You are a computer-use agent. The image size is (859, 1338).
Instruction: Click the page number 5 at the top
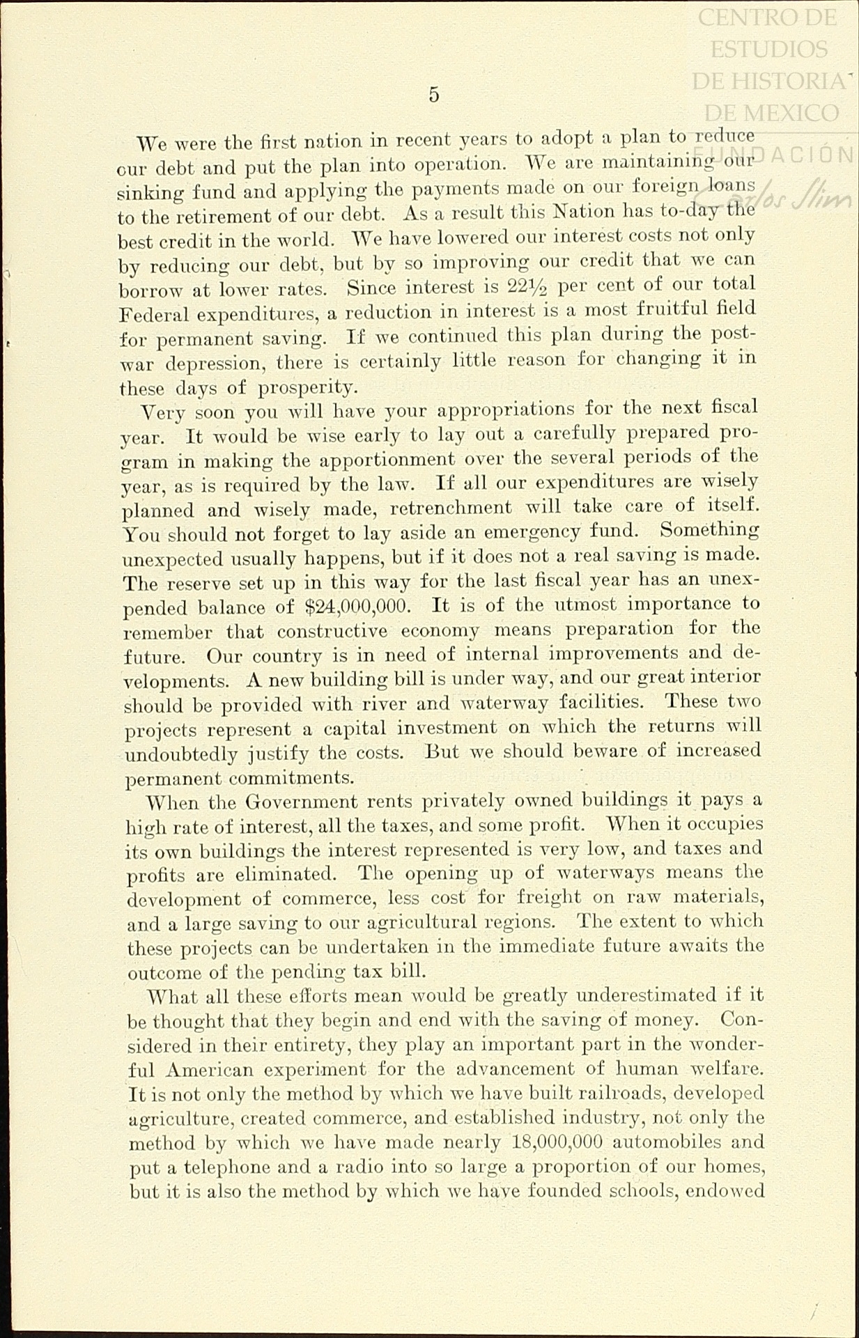click(434, 95)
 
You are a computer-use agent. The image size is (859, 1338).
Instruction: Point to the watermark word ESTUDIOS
click(769, 49)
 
